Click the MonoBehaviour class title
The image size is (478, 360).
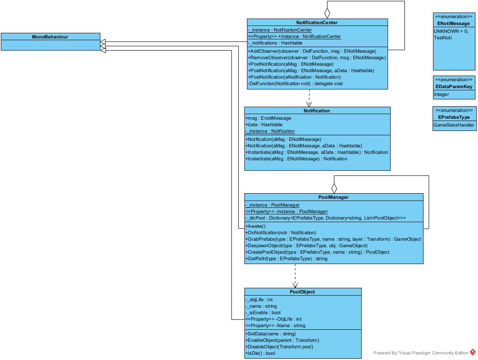tap(50, 37)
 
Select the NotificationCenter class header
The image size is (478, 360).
tap(317, 22)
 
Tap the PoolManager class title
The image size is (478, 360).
tap(333, 197)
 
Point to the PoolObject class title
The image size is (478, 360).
tap(302, 292)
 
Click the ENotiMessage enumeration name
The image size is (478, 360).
tap(453, 23)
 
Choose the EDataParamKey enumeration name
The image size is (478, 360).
tap(454, 86)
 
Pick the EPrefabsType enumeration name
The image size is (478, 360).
tap(454, 117)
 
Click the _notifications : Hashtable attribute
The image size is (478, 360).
tap(275, 43)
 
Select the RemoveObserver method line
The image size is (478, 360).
tap(317, 57)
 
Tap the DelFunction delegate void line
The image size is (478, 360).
tap(295, 83)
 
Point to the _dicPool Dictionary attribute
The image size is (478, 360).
tap(325, 218)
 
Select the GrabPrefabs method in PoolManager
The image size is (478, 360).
tap(333, 239)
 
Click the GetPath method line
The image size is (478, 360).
tap(286, 258)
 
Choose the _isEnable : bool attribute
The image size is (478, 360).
tap(263, 312)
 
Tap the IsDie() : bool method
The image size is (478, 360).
tap(260, 353)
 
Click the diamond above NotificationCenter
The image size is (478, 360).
tap(327, 13)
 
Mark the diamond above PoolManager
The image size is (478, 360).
tap(334, 188)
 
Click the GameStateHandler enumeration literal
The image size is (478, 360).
tap(454, 125)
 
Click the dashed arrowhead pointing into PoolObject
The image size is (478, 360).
tap(295, 285)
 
